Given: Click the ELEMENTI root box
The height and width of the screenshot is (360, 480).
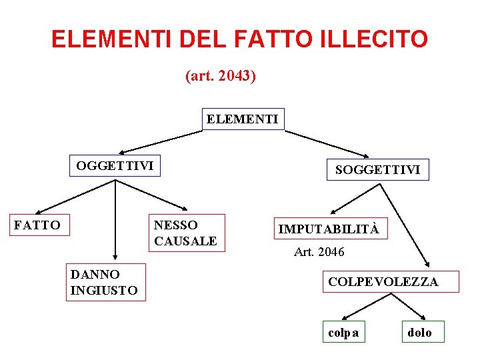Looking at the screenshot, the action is tap(243, 119).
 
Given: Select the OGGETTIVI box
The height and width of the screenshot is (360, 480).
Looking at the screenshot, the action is tap(115, 165).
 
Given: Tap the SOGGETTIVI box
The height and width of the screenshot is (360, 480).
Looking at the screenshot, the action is tap(377, 169).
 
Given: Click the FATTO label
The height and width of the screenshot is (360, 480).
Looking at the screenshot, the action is tap(37, 225).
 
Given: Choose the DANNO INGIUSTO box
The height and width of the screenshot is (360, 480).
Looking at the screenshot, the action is tap(105, 282).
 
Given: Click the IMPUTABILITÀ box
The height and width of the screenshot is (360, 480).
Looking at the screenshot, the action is tap(329, 229).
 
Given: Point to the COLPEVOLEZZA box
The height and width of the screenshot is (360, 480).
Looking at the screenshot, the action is tap(383, 282).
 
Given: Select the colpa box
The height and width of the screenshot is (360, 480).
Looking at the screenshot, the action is tap(344, 332).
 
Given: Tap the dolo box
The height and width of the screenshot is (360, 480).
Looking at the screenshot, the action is tap(420, 332).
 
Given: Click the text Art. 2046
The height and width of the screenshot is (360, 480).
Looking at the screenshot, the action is tap(319, 252).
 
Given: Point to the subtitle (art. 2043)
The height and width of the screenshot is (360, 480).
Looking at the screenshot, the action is tap(221, 76).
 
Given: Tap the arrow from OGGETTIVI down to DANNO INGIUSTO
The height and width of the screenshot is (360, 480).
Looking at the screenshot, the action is tap(115, 220).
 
